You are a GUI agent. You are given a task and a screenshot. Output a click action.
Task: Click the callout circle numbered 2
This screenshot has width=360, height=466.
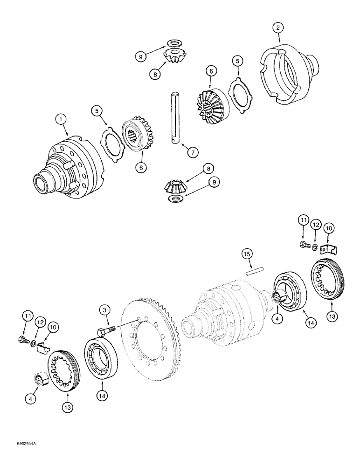pyautogui.click(x=278, y=28)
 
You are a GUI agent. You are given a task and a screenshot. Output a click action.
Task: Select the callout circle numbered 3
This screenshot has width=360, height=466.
pyautogui.click(x=105, y=309)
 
